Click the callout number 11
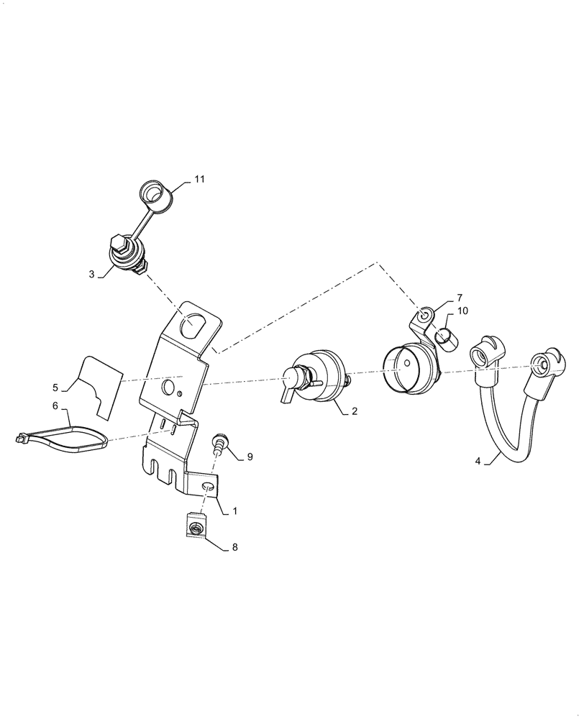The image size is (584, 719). [199, 180]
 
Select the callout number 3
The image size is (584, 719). [91, 274]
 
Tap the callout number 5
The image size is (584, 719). [55, 388]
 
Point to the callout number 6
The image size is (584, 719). [55, 406]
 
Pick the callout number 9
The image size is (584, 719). [250, 457]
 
